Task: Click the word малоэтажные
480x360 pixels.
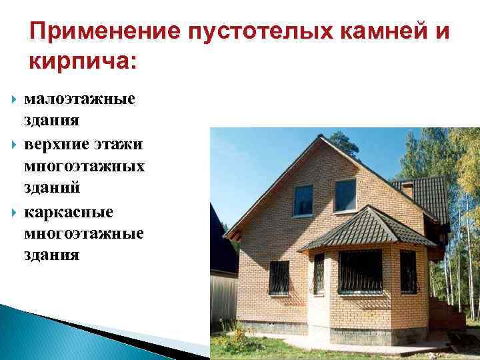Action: pyautogui.click(x=79, y=100)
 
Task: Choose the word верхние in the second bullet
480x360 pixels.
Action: pyautogui.click(x=56, y=144)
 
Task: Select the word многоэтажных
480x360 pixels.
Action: pyautogui.click(x=84, y=166)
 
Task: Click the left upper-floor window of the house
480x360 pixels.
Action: pyautogui.click(x=303, y=199)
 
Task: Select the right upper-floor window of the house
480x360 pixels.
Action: pyautogui.click(x=345, y=195)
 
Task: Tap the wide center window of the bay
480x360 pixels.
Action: pyautogui.click(x=360, y=271)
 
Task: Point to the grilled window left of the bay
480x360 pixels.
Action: pyautogui.click(x=279, y=277)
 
